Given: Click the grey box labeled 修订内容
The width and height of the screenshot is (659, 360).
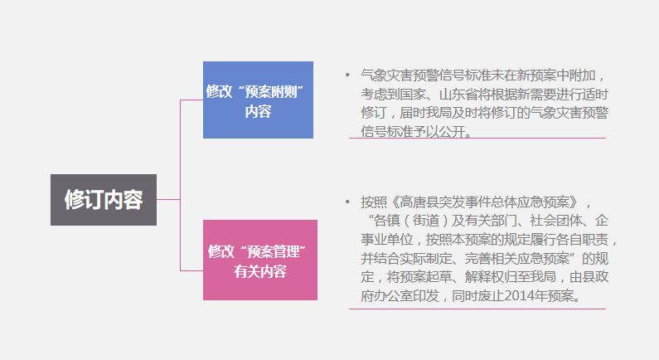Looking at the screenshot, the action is [x=104, y=200].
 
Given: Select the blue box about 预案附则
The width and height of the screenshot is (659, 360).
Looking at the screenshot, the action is [x=258, y=100].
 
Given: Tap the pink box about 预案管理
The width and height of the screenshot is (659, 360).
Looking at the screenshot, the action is [x=260, y=260].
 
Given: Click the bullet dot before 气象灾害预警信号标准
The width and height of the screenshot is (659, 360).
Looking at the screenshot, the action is [x=347, y=75].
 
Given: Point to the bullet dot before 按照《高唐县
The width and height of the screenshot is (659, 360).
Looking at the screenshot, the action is [x=347, y=202].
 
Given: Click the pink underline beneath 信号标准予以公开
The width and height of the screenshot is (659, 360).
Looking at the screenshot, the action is [x=477, y=138].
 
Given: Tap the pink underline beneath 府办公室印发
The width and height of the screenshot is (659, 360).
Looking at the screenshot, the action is [x=477, y=309].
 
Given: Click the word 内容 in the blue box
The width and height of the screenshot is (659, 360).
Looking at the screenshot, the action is [x=258, y=111].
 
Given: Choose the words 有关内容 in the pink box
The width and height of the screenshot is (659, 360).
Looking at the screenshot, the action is [x=260, y=271].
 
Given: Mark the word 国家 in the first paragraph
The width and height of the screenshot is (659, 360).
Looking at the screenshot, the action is [x=413, y=95].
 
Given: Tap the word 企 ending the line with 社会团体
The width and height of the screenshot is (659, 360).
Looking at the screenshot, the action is [x=602, y=221].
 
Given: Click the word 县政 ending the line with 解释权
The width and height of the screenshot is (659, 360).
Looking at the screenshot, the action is [x=595, y=277].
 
